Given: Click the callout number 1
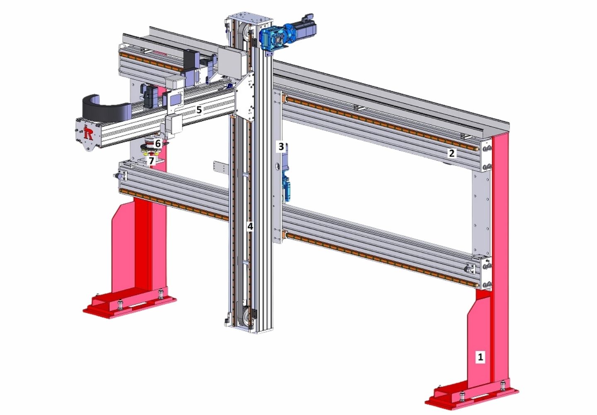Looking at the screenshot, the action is (x=480, y=356).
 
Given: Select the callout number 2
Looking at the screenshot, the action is (x=451, y=153).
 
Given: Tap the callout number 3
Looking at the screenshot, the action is (x=281, y=146).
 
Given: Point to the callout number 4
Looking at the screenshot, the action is (x=250, y=226).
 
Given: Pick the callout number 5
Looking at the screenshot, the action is (x=199, y=110).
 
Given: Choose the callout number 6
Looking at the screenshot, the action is (x=158, y=144).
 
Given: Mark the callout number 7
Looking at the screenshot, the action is (x=151, y=161).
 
